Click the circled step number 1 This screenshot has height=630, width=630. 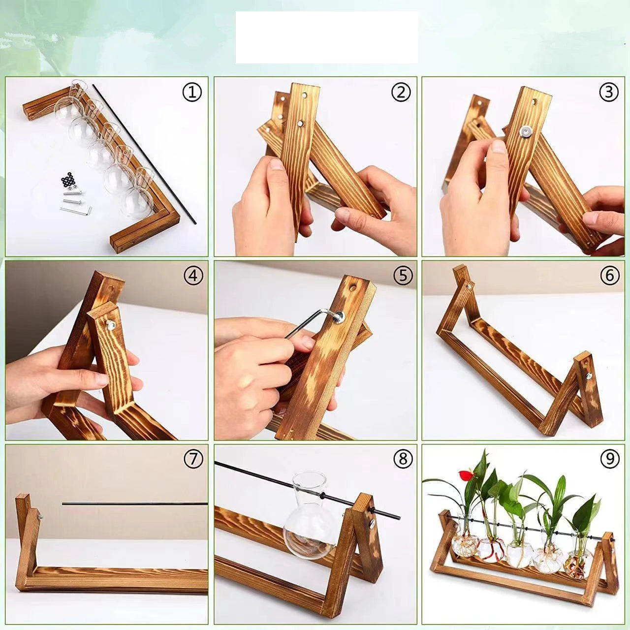click(192, 92)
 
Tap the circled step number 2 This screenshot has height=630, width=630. click(401, 92)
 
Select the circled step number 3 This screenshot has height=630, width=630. click(609, 92)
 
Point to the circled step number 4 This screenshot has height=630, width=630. click(193, 276)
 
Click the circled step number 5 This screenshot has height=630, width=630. click(403, 276)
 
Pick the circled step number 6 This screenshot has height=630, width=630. click(609, 276)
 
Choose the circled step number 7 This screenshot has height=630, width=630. click(193, 459)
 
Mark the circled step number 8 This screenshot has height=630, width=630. click(403, 459)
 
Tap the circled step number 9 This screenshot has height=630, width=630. click(609, 459)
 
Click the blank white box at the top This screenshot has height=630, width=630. click(327, 37)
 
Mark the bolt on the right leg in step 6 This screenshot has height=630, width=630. click(588, 376)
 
